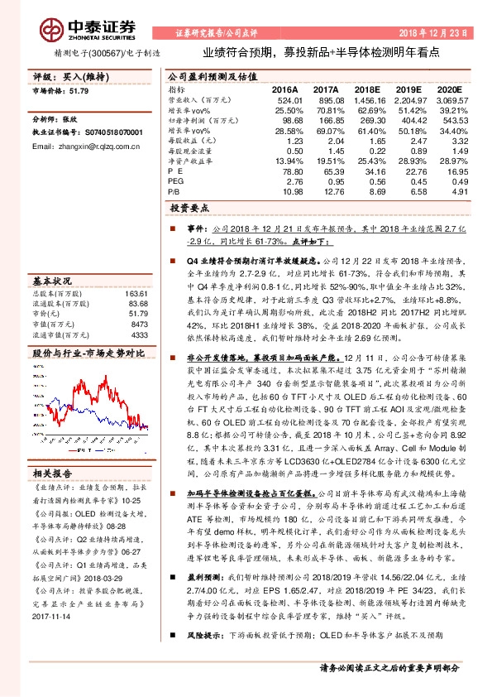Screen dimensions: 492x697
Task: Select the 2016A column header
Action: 284,89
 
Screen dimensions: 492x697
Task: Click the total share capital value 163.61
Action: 136,294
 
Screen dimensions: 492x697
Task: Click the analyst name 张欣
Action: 73,119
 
